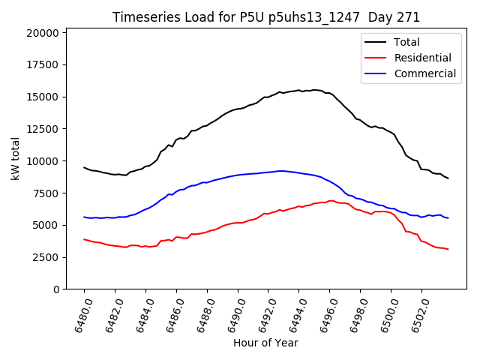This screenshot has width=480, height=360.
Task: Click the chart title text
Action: [x=266, y=17]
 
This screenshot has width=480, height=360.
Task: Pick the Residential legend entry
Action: [x=423, y=58]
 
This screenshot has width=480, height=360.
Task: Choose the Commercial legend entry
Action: [x=425, y=73]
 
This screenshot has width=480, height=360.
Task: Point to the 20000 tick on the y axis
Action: [x=42, y=33]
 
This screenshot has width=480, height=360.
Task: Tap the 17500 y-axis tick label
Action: [x=42, y=65]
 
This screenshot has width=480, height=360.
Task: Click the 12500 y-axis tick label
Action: [x=42, y=129]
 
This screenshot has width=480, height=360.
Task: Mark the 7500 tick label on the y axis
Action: [x=45, y=193]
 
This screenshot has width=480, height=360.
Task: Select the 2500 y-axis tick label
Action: [x=45, y=257]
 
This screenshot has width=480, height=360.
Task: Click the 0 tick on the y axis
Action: [x=57, y=289]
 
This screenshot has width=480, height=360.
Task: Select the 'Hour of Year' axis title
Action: [x=265, y=343]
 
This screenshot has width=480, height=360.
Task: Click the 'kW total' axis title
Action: [x=15, y=158]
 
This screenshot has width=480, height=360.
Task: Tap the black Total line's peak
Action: [x=313, y=90]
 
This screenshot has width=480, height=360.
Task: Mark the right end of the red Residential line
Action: [x=448, y=249]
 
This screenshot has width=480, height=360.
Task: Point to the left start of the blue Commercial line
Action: [x=84, y=217]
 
